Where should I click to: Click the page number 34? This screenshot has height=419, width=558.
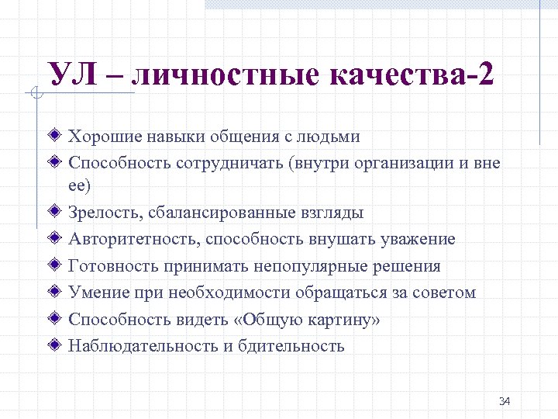[x=505, y=401]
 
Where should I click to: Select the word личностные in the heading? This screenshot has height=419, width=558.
[x=229, y=75]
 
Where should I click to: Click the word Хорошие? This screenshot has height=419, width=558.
[x=101, y=137]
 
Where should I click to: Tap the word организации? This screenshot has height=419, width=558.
[x=401, y=163]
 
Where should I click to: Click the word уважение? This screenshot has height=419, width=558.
[x=418, y=239]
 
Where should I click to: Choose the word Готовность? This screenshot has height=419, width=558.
[x=113, y=266]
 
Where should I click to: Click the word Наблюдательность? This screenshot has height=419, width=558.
[x=143, y=346]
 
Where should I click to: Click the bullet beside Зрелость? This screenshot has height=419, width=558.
[x=54, y=212]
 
